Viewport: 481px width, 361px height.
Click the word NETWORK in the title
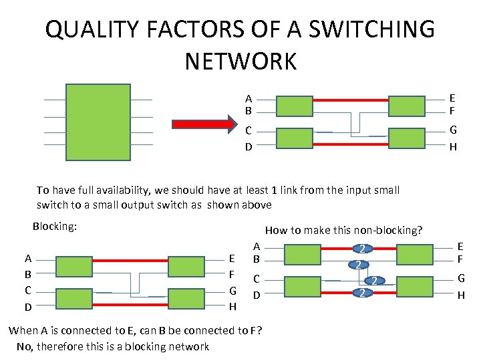tap(240, 62)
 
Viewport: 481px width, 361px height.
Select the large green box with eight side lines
tap(98, 122)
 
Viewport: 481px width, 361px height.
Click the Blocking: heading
tap(55, 227)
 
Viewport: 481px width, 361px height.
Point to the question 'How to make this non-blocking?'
tap(343, 230)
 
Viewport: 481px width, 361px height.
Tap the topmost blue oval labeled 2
tap(361, 249)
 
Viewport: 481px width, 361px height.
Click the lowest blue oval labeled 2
tap(361, 293)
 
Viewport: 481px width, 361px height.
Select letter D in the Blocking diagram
tap(27, 307)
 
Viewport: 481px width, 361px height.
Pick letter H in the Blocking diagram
tap(232, 307)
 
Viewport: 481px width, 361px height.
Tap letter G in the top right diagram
tap(452, 130)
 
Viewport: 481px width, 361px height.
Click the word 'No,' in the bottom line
tap(25, 346)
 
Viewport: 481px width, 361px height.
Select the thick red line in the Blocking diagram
tap(130, 258)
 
